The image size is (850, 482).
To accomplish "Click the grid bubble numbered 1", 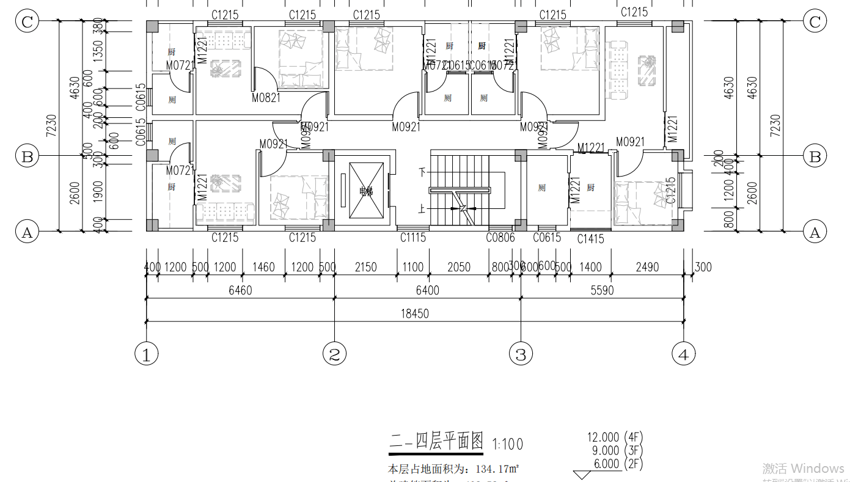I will coord(146,354).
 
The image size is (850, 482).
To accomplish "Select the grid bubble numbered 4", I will coord(683,354).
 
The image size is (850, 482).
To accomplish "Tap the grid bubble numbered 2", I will coord(334,354).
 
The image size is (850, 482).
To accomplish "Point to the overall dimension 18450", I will coord(415,314).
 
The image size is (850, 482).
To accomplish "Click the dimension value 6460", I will coord(240,291).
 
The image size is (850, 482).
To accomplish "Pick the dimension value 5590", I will coord(602,291).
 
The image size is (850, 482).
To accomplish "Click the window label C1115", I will coord(413,238).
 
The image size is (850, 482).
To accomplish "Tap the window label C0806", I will coord(500,238).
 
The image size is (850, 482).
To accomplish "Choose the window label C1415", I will coord(591,239).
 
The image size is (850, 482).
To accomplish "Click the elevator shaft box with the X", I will coord(366,191).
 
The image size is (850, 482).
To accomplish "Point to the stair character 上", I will coord(421,209).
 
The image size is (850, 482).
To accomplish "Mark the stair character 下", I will coord(421,172).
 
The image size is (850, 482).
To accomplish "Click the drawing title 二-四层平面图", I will coord(436,442).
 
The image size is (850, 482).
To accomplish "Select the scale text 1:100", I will coord(507,444).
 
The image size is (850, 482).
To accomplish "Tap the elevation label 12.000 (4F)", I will coord(615,437).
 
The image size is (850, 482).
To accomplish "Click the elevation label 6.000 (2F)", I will coord(618,464).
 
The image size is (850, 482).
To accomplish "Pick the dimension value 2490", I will coord(647,267).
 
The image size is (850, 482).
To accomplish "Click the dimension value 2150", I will coord(365,267).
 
